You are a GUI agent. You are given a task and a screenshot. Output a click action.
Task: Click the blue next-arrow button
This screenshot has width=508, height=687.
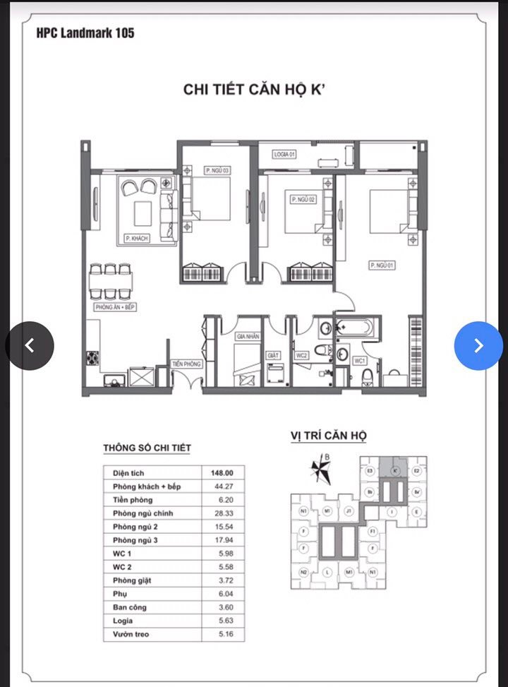point(478,345)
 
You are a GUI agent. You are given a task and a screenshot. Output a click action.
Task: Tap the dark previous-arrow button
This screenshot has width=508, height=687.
point(30,345)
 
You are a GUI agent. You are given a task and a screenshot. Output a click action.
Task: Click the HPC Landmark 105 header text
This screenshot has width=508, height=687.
point(85,32)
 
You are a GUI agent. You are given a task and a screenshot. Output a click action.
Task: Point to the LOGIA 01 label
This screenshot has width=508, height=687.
point(284,154)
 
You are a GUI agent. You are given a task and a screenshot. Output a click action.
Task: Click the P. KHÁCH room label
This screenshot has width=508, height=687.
point(136,239)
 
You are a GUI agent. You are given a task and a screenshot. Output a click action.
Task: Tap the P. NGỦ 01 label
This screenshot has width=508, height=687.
point(380,265)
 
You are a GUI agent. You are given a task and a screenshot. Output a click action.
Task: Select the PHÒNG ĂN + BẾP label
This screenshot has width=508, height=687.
point(114,309)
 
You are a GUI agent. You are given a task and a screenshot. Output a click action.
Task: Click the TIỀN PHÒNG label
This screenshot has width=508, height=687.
point(187,364)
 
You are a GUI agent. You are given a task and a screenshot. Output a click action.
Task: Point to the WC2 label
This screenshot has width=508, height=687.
point(301,355)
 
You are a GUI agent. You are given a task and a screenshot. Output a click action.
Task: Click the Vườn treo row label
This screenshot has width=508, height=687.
point(131,634)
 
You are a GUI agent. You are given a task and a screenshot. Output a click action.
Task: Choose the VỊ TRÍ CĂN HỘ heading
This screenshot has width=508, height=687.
point(328,436)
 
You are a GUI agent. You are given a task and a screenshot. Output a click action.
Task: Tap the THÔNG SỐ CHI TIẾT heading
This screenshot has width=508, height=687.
point(147,448)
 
